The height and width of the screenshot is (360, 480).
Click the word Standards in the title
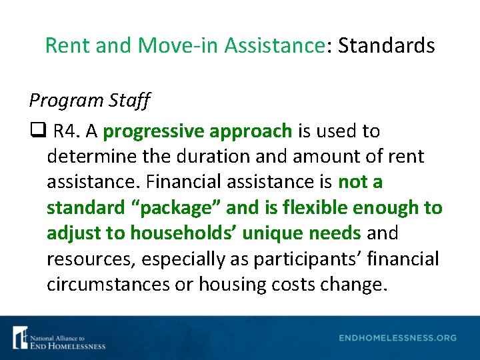(x=386, y=45)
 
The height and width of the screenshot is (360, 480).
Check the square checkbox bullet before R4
(x=35, y=131)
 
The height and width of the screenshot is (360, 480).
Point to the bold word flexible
(x=309, y=207)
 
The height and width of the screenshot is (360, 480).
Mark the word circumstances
(x=109, y=284)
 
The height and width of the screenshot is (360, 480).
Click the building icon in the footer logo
(x=20, y=337)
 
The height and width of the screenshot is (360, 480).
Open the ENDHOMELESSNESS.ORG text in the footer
(x=397, y=338)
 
